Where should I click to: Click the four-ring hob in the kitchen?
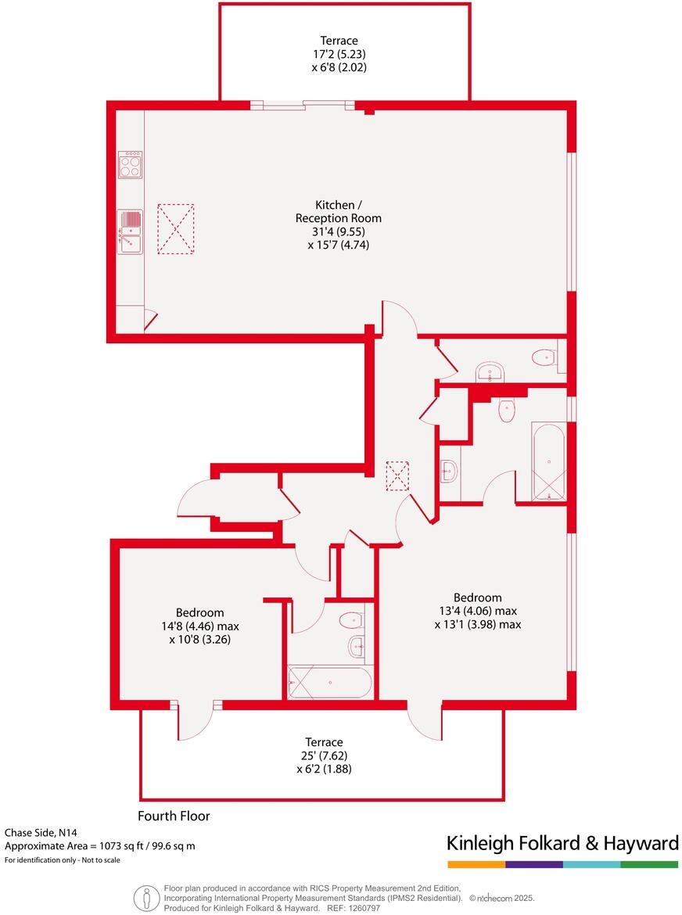click(130, 164)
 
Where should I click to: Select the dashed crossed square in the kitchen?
click(175, 229)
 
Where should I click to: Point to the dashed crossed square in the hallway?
click(397, 475)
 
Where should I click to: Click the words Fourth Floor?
click(174, 816)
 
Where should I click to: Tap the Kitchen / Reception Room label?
click(338, 211)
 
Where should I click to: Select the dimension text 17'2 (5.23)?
click(339, 54)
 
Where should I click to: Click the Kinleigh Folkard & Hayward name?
click(562, 843)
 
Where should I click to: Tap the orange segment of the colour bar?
click(476, 864)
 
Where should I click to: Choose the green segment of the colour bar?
click(649, 864)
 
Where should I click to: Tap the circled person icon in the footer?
click(145, 897)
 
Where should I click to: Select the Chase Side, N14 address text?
click(42, 833)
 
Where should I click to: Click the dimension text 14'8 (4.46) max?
click(199, 626)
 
